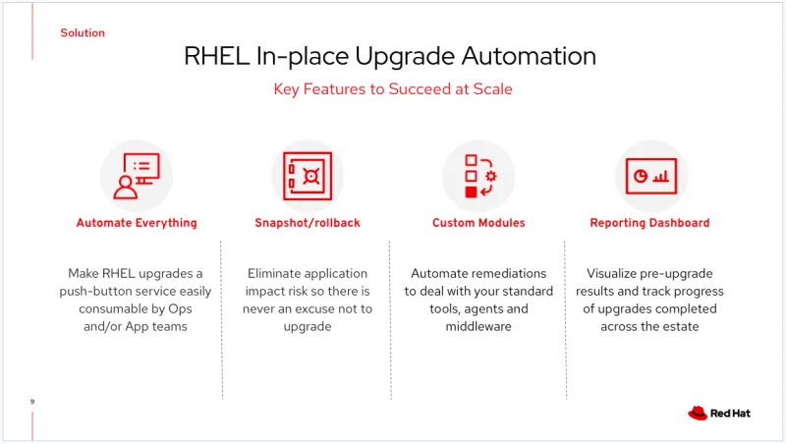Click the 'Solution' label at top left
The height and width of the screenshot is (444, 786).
83,32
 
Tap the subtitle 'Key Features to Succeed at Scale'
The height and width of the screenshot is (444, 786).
392,89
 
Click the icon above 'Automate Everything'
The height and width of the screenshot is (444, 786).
137,175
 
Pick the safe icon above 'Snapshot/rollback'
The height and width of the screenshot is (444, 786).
307,175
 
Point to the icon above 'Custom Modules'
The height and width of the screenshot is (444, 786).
478,175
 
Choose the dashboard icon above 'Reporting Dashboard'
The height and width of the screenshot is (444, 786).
649,175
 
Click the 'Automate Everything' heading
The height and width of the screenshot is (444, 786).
137,223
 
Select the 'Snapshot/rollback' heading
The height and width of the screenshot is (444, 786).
307,223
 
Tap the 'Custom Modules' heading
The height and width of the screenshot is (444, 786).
478,223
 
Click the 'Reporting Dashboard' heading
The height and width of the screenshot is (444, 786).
649,223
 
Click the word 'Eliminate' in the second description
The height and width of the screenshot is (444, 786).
278,273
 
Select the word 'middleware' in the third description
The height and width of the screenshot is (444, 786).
478,326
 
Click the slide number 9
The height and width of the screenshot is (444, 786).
32,402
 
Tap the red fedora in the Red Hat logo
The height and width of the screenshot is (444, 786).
698,414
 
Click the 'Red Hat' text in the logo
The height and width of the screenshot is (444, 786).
732,414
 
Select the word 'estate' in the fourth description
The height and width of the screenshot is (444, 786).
678,326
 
